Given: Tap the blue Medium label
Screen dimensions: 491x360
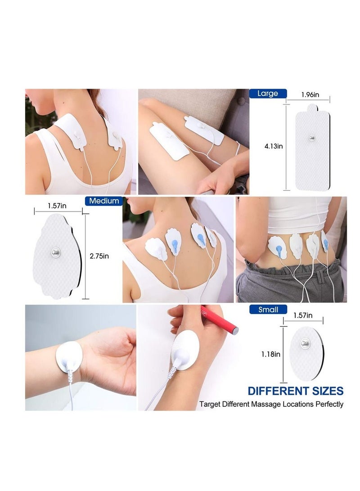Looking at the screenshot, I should (x=104, y=201).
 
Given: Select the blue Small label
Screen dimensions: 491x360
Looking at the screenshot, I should (x=268, y=309).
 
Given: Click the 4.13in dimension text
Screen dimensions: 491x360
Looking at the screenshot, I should (x=273, y=146).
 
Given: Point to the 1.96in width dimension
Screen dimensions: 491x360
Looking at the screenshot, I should (x=310, y=95).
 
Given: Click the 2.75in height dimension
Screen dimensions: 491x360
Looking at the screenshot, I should (x=99, y=256).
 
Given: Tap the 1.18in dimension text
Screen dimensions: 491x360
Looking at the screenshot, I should (x=271, y=354).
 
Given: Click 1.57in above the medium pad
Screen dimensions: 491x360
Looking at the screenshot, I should (x=57, y=206).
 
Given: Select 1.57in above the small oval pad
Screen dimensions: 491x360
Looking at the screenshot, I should (x=303, y=316).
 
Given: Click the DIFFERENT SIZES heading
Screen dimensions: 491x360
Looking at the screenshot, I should (x=295, y=391).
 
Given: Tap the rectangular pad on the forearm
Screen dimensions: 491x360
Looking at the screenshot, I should (x=204, y=130).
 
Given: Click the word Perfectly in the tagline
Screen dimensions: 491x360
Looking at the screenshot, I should (x=328, y=404).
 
